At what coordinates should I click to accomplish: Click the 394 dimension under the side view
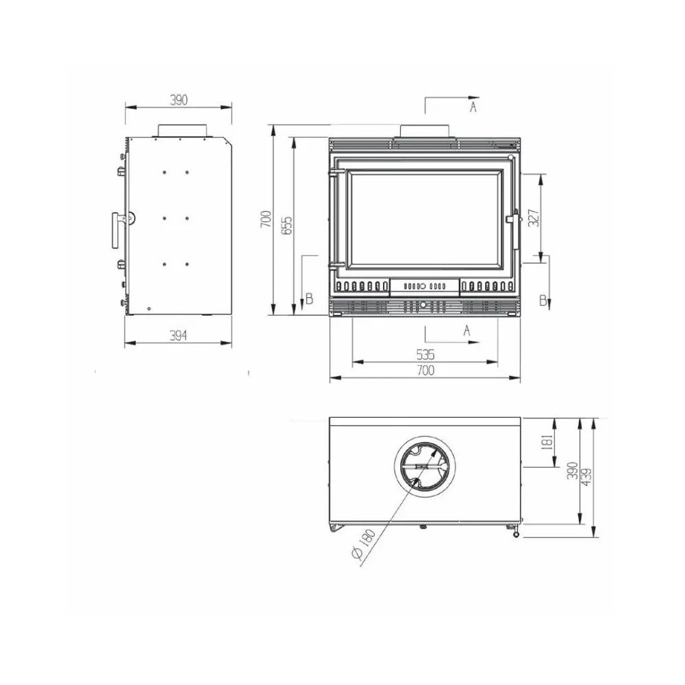pos(178,335)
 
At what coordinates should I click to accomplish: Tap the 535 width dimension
pos(425,355)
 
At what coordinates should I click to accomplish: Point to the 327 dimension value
pos(534,218)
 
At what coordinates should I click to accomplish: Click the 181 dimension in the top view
pos(548,442)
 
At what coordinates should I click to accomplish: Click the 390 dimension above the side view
pos(179,100)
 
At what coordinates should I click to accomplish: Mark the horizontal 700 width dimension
pos(425,371)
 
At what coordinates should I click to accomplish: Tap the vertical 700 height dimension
pos(266,219)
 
